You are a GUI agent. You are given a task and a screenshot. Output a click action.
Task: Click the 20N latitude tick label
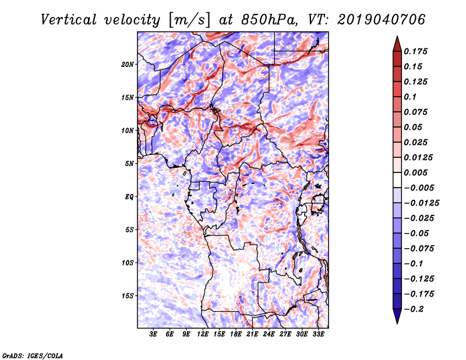click(x=128, y=64)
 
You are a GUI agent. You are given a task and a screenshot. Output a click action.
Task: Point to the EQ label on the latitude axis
click(x=129, y=196)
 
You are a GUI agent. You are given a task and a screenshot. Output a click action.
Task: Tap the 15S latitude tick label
click(x=128, y=295)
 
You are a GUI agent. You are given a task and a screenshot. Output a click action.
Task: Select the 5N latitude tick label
click(x=129, y=163)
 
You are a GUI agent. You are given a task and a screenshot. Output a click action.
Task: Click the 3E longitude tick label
click(x=154, y=335)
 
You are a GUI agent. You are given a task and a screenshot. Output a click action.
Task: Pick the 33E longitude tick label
click(x=318, y=335)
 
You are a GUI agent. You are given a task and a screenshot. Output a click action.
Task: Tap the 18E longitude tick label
click(x=236, y=335)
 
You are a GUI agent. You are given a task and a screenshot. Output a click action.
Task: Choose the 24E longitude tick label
click(x=269, y=335)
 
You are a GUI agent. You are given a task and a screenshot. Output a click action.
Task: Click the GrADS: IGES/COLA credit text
click(x=32, y=354)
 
